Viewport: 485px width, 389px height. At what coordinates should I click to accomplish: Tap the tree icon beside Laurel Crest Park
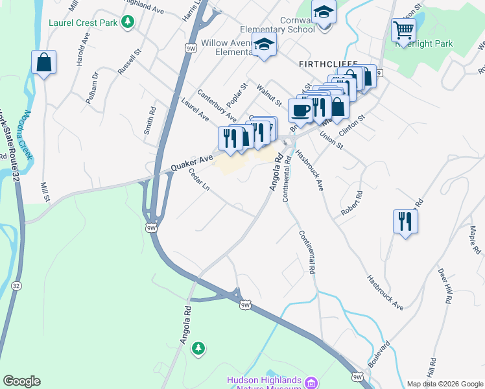pyautogui.click(x=128, y=22)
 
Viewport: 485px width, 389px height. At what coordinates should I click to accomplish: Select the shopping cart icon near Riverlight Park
pyautogui.click(x=403, y=30)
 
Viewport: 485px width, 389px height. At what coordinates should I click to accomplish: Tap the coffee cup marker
pyautogui.click(x=300, y=111)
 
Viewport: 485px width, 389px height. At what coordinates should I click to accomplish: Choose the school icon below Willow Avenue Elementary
pyautogui.click(x=264, y=45)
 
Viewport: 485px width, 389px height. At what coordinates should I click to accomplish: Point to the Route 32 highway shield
pyautogui.click(x=16, y=286)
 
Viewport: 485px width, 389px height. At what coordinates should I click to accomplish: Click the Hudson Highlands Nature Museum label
pyautogui.click(x=264, y=384)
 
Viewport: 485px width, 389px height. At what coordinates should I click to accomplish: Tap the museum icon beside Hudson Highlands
pyautogui.click(x=311, y=382)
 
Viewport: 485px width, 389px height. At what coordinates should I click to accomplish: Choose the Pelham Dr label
pyautogui.click(x=95, y=88)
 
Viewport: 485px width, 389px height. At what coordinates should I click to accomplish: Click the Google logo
pyautogui.click(x=21, y=381)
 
